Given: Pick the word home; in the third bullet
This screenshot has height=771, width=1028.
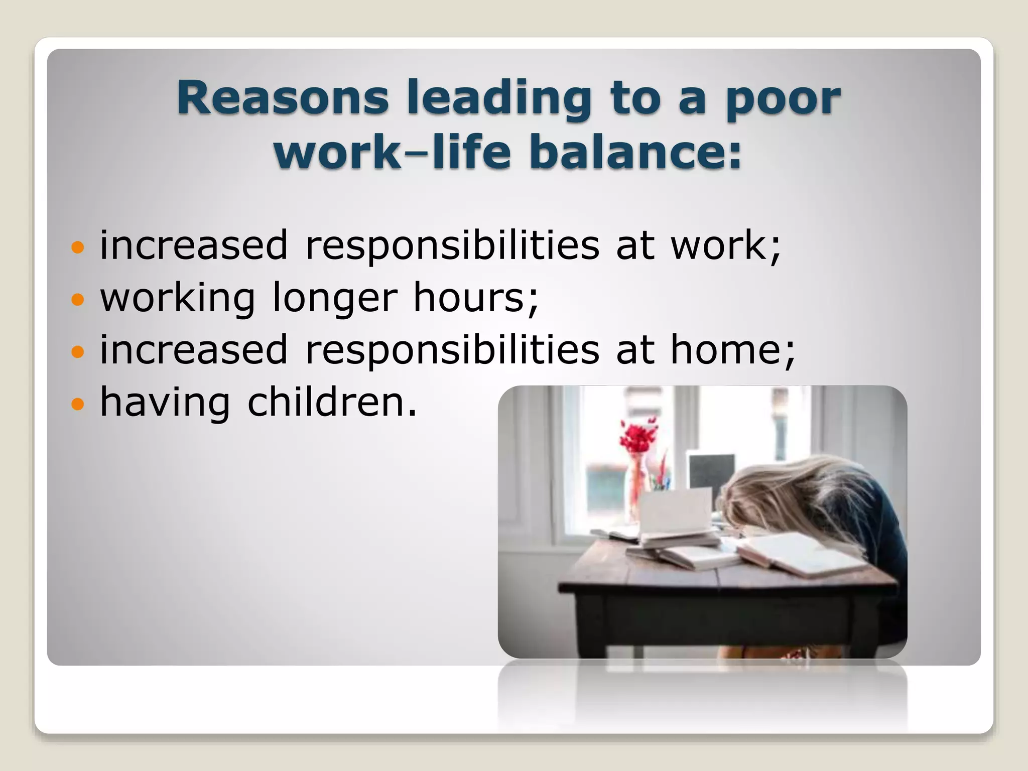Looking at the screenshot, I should [x=732, y=349].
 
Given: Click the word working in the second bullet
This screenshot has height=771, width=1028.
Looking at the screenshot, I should [x=177, y=299].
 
